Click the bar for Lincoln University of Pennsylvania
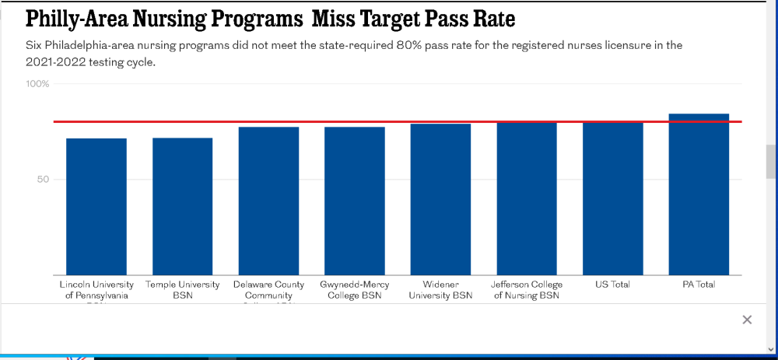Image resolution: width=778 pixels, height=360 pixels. tap(96, 207)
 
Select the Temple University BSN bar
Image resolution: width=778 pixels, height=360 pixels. tap(182, 207)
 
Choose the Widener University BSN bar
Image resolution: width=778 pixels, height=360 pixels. tap(440, 200)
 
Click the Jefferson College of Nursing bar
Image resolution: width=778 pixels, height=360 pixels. tap(527, 199)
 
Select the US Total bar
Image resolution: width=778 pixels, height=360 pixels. tap(613, 199)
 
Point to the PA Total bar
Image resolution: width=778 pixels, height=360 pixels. tap(699, 194)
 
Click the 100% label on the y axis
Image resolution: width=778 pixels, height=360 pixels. tap(39, 84)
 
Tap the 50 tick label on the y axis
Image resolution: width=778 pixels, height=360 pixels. tap(42, 180)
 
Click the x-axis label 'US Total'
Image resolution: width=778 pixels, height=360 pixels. tap(613, 285)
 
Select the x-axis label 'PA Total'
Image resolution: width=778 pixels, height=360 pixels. tap(699, 285)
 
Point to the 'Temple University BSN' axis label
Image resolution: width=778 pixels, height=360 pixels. tap(182, 290)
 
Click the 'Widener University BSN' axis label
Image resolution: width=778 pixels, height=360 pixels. tap(440, 290)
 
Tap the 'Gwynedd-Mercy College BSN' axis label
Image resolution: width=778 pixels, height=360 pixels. tap(354, 290)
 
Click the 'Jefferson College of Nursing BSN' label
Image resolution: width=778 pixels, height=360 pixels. tap(527, 290)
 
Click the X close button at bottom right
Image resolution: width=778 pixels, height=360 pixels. tap(747, 320)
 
